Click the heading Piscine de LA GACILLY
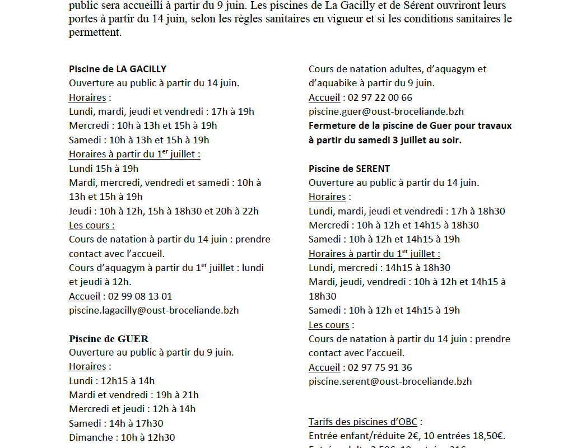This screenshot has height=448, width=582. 118,69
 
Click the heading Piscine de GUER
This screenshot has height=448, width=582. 109,339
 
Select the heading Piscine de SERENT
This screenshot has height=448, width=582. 349,169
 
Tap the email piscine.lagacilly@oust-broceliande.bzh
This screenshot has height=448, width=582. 153,310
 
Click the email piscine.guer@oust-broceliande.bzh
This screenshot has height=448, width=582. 386,111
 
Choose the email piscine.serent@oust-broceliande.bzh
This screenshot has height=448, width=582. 390,381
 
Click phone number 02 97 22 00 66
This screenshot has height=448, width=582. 380,97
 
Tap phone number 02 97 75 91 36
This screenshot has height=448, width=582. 380,367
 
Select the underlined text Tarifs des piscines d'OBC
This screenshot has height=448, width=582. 365,422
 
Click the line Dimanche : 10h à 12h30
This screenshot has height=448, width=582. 122,437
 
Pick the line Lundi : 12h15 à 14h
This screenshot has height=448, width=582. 111,381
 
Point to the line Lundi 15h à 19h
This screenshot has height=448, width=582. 104,169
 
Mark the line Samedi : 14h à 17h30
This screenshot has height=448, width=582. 116,423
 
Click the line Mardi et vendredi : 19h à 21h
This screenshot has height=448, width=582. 133,395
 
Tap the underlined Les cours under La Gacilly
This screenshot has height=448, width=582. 91,225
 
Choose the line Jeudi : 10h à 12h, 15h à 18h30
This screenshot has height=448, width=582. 164,211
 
